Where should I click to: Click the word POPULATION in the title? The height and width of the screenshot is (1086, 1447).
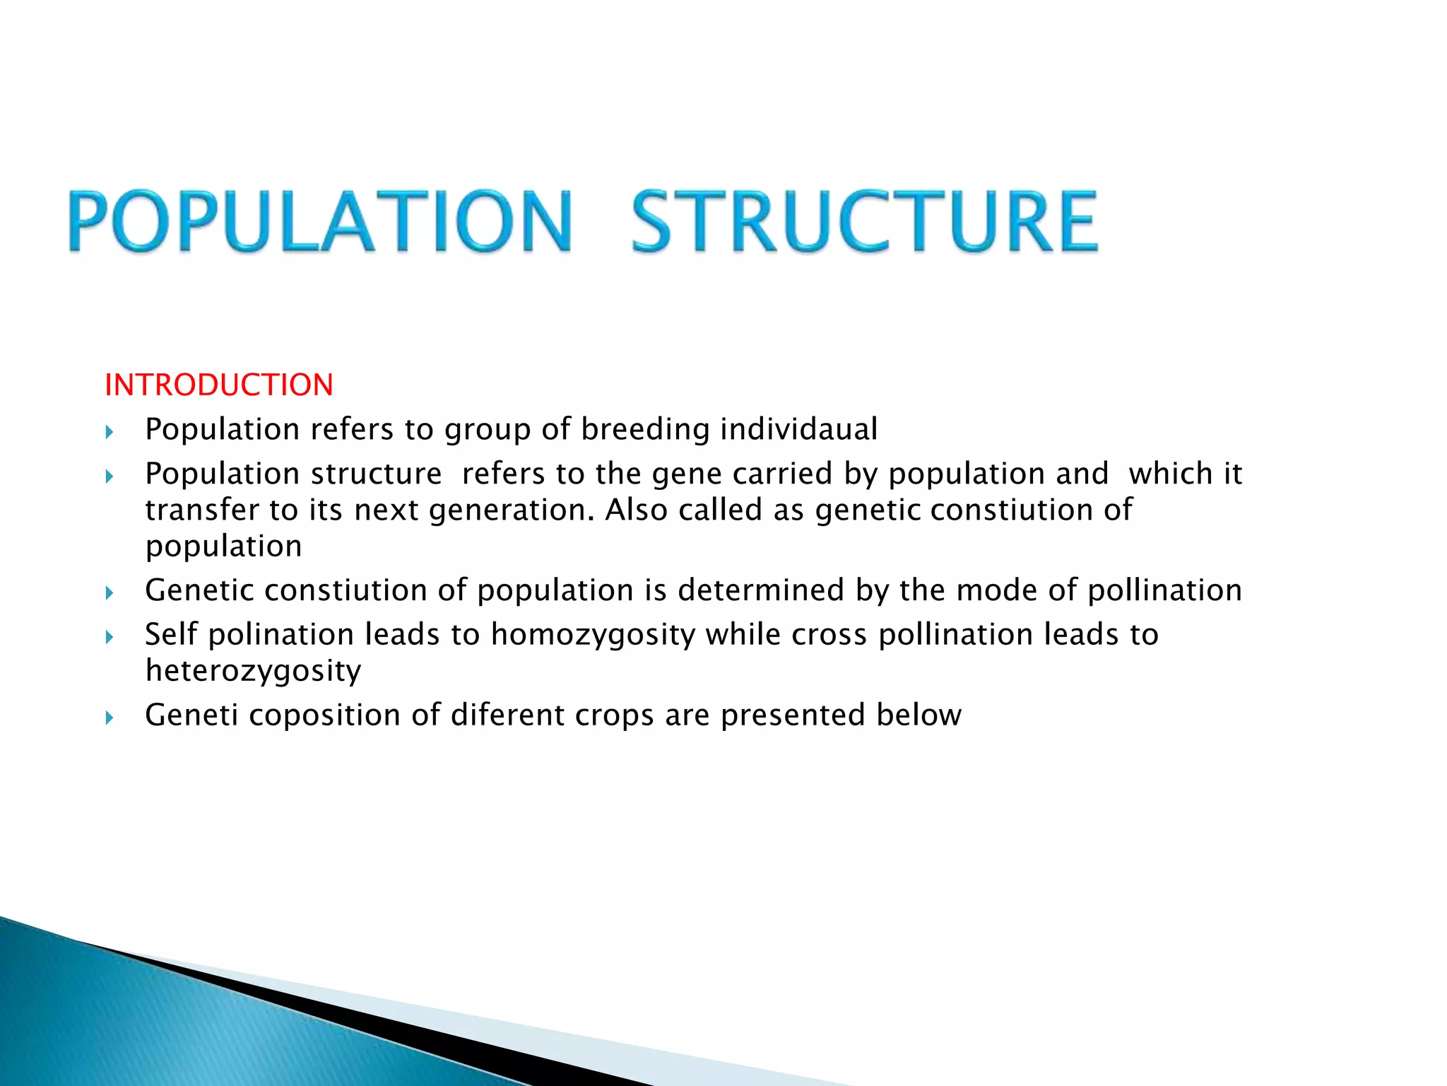coord(319,221)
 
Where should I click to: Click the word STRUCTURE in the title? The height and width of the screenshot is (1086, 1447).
coord(864,221)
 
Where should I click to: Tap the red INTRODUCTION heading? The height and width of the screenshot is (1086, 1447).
coord(218,385)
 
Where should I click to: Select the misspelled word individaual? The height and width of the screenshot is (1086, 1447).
coord(798,429)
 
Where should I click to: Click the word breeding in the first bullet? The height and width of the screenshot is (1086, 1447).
coord(645,429)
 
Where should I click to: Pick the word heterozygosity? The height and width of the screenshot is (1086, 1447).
coord(253,671)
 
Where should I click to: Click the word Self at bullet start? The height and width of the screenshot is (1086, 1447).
coord(171,635)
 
